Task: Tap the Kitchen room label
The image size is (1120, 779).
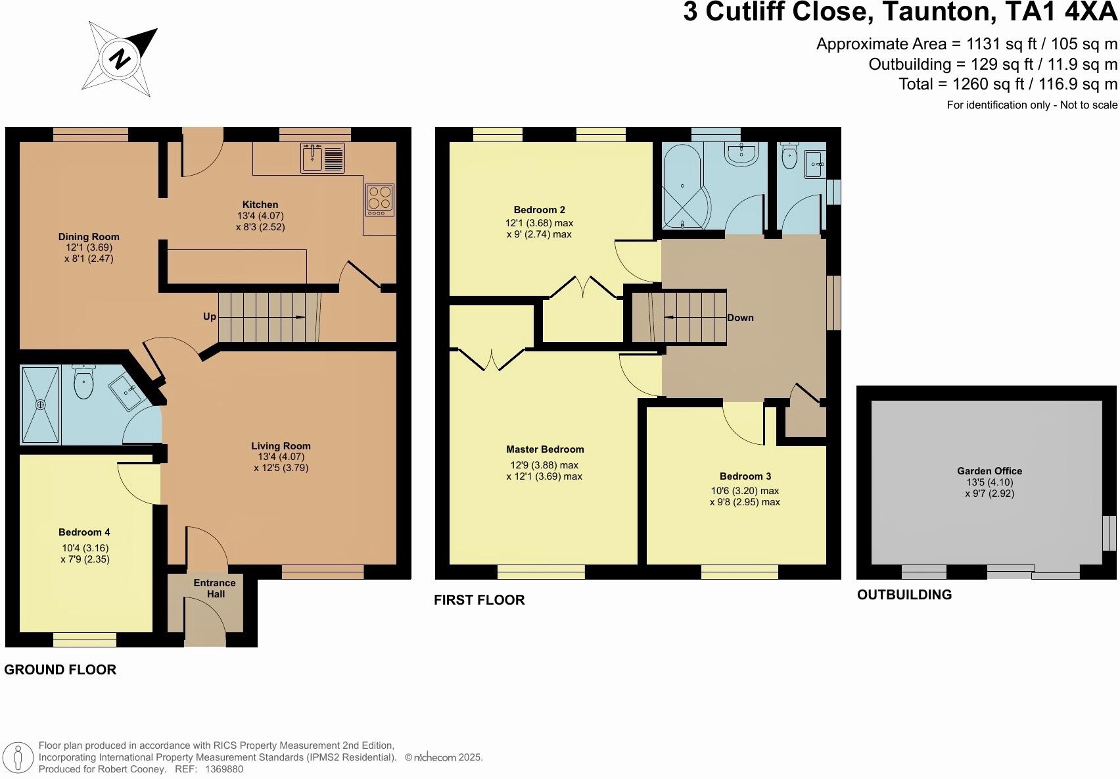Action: click(x=260, y=205)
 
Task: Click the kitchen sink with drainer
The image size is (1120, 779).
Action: click(x=323, y=158)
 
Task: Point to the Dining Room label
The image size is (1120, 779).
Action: click(x=89, y=237)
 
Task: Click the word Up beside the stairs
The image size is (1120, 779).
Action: click(x=210, y=316)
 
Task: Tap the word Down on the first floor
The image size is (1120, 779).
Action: click(x=740, y=318)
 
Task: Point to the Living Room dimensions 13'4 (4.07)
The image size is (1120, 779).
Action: click(x=281, y=457)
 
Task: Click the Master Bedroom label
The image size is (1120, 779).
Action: click(x=545, y=449)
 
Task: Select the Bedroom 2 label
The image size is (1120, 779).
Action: click(x=539, y=210)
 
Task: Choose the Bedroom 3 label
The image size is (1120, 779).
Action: click(x=745, y=476)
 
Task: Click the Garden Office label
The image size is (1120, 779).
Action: click(x=989, y=471)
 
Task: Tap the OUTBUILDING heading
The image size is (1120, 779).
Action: click(x=904, y=595)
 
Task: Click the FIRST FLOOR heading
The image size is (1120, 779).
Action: click(x=479, y=600)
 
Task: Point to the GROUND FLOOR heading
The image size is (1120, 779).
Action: click(x=60, y=670)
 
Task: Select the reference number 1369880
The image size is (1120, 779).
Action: click(x=224, y=768)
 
